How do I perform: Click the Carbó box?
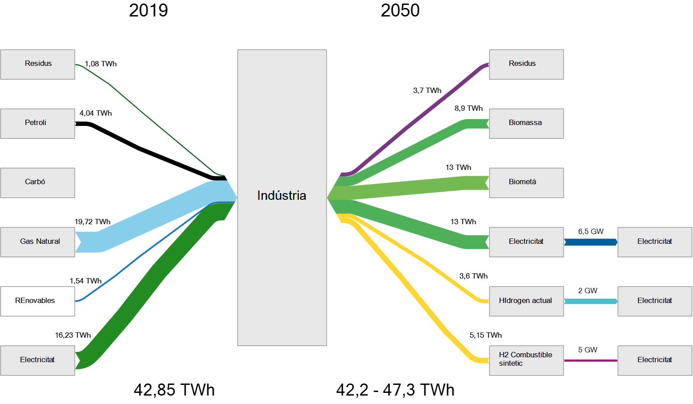[38, 183]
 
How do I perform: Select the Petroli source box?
[38, 124]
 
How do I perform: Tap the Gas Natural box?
[38, 242]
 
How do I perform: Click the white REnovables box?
[38, 301]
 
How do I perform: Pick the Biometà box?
[526, 183]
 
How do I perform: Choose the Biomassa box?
[526, 124]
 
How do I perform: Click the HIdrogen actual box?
[526, 301]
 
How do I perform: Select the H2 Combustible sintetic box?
[526, 360]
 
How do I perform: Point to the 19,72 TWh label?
[93, 222]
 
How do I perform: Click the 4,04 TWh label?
[96, 113]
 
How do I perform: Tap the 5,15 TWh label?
[486, 335]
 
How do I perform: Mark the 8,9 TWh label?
[468, 108]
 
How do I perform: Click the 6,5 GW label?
[591, 231]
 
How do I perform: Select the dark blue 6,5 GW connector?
[591, 242]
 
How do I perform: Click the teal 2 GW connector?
[591, 301]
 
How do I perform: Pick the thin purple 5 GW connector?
[591, 360]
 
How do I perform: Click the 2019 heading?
[149, 10]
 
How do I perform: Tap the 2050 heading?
[400, 10]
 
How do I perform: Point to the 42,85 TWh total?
[174, 389]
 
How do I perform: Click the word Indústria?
[282, 195]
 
